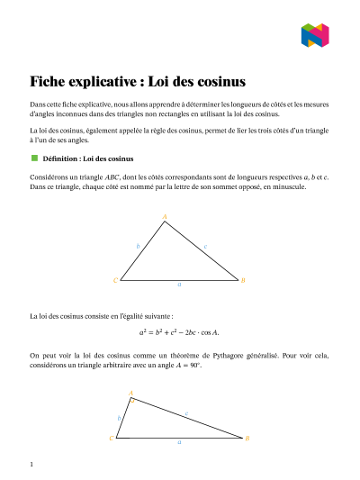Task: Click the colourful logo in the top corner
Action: click(315, 36)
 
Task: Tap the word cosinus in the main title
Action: click(220, 81)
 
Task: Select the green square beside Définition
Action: click(34, 158)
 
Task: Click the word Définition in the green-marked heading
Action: click(61, 158)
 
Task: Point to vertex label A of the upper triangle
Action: click(165, 216)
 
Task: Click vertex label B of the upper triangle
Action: click(244, 280)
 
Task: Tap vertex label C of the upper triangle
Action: click(114, 280)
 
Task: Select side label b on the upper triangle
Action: click(138, 246)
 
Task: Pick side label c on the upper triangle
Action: click(206, 245)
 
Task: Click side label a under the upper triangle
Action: click(179, 285)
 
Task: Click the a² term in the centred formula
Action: click(143, 331)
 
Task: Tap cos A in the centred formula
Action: click(211, 331)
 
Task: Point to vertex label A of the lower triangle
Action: click(131, 394)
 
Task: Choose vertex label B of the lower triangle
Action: click(247, 438)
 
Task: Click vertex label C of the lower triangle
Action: click(111, 438)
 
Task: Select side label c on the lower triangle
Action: click(186, 413)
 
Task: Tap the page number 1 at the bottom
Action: click(31, 465)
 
